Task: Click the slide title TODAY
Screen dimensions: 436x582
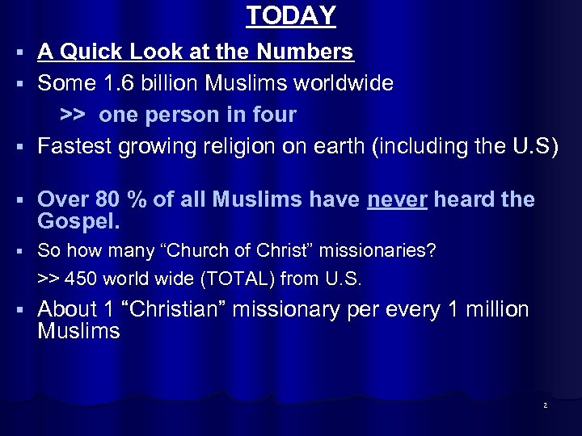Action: coord(291,15)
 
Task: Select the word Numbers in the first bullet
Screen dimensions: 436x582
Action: coord(305,52)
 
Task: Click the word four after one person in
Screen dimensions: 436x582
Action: coord(275,115)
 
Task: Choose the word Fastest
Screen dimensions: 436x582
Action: coord(75,146)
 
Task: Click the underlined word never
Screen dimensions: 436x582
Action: coord(397,199)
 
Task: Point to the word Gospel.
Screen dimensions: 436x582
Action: coord(78,221)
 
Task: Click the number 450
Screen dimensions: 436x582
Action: coord(80,279)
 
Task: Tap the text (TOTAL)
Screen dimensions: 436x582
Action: coord(238,279)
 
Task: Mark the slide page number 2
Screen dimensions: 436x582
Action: coord(545,405)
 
